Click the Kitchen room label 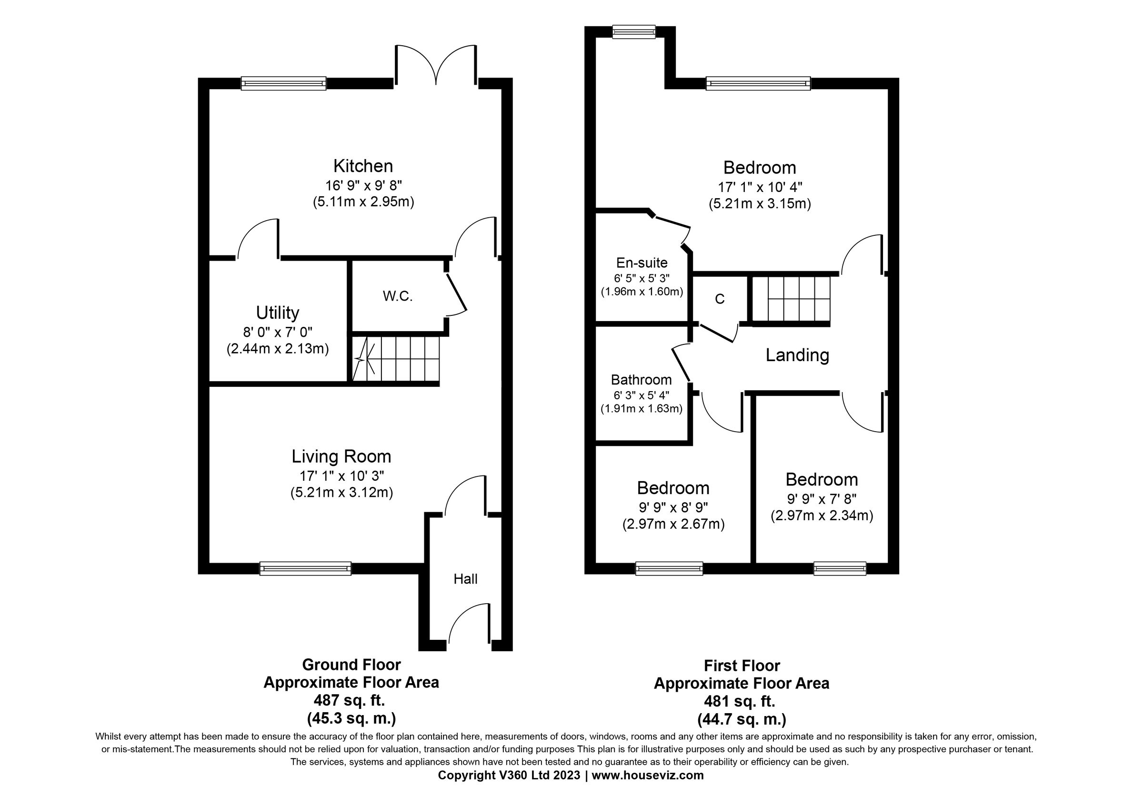tap(363, 166)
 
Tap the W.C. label tap(398, 296)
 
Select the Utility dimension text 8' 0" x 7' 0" tap(278, 332)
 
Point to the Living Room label tap(341, 456)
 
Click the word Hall tap(465, 578)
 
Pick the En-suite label tap(642, 263)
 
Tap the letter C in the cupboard tap(719, 299)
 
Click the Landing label tap(797, 355)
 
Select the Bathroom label tap(641, 380)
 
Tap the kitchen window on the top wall tap(283, 83)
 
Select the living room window tap(305, 568)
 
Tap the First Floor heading tap(742, 665)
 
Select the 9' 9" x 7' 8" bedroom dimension tap(822, 498)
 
